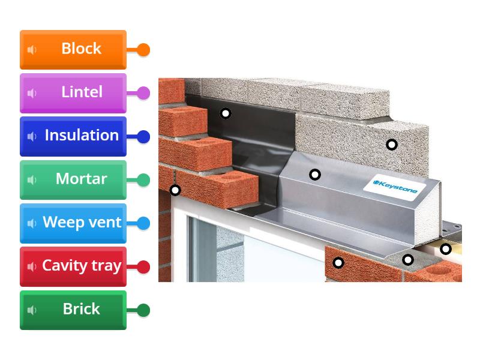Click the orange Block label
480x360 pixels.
point(73,49)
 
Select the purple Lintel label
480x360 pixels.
point(73,92)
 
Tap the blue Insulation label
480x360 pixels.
point(73,136)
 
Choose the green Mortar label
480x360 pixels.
point(73,179)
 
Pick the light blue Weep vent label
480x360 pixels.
point(73,223)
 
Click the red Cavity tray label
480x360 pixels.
point(73,266)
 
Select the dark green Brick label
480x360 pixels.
point(73,310)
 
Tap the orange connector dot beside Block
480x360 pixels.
point(143,50)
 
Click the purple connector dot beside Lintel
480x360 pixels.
point(143,93)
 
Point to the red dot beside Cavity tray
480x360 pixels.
point(143,267)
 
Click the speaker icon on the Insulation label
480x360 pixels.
point(32,136)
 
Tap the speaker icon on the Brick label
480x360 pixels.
point(32,310)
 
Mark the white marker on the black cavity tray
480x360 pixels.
point(226,113)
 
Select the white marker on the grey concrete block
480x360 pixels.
point(392,144)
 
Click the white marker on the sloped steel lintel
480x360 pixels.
point(315,175)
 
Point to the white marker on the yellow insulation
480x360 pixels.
point(446,248)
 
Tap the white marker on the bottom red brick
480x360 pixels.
point(338,262)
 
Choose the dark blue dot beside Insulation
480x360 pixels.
point(143,137)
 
